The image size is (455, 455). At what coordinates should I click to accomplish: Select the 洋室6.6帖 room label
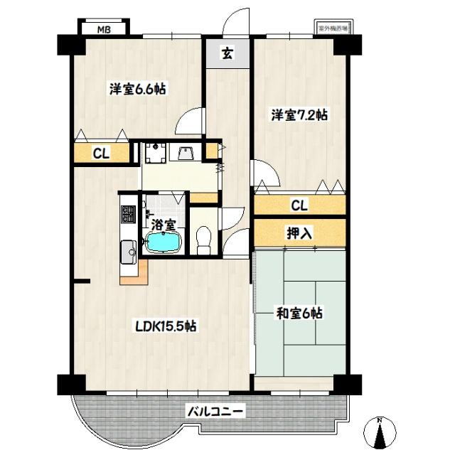click(x=138, y=90)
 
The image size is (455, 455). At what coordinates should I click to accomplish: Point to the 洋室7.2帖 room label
click(x=299, y=114)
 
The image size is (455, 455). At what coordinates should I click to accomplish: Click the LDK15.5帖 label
click(x=166, y=326)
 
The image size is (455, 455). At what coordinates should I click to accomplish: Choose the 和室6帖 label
click(x=299, y=313)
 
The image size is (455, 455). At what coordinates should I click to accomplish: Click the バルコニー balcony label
click(x=215, y=410)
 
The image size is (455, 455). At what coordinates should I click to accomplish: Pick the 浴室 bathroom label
click(x=165, y=225)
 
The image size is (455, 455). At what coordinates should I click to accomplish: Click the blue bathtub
click(x=164, y=243)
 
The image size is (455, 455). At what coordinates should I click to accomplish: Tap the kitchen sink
click(x=129, y=251)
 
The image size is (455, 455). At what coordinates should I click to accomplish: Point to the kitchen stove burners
click(x=129, y=214)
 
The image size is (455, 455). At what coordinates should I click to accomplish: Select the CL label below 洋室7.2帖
click(x=299, y=206)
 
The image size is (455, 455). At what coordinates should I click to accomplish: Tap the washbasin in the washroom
click(x=187, y=153)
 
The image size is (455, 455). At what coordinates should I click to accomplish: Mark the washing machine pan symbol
click(x=154, y=151)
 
